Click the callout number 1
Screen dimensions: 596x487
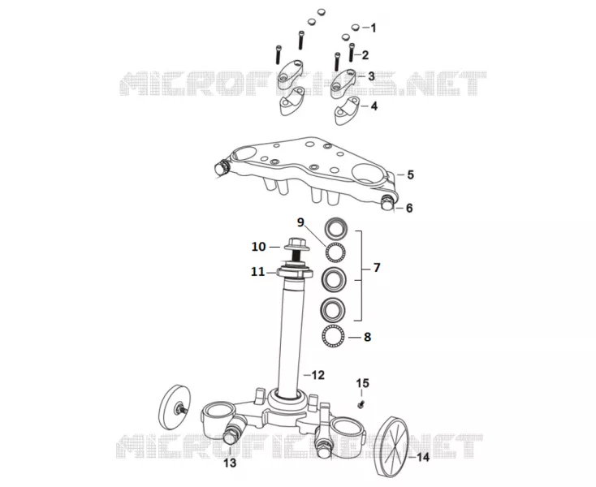point(374,28)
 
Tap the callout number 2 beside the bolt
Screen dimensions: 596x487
point(365,55)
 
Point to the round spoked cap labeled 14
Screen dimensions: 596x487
point(391,446)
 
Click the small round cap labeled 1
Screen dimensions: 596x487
point(356,27)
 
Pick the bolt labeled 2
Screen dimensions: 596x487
point(352,53)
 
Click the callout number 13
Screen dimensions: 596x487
point(230,463)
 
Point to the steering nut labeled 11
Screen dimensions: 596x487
point(295,273)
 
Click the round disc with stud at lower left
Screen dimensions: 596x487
point(174,407)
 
